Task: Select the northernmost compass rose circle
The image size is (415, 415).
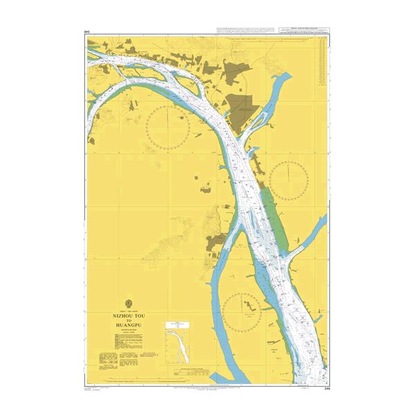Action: (167, 130)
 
